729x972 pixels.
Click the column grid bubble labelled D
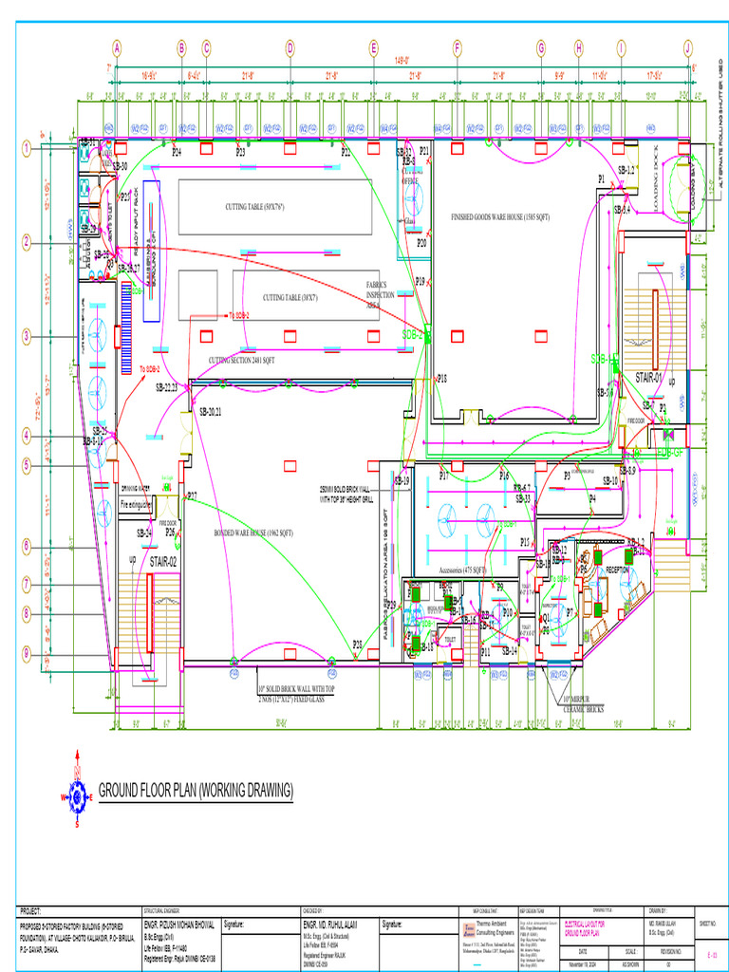290,47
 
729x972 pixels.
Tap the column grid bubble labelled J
687,47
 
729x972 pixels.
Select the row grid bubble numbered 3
28,335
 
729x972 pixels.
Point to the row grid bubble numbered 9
28,653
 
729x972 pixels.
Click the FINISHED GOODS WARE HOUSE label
500,217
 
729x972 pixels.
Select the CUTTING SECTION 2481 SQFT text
242,361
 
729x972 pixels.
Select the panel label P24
177,152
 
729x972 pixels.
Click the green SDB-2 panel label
415,335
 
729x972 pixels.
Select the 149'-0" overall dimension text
402,59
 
